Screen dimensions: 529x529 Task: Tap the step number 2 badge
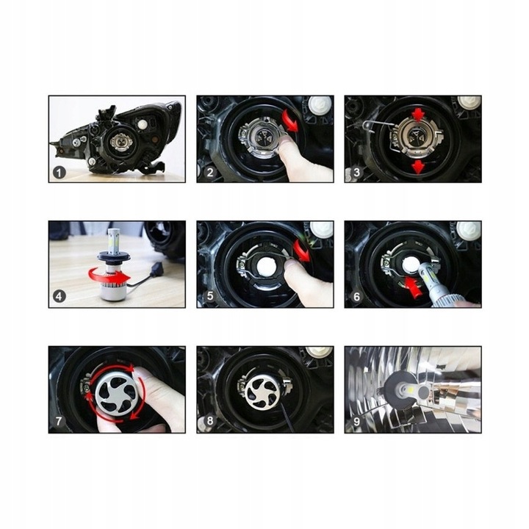209,173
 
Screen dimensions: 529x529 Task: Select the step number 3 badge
356,173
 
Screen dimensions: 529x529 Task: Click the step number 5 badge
209,298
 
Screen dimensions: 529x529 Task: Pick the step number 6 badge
356,298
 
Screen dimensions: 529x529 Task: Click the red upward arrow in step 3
419,114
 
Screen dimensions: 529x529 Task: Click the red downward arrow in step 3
419,166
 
